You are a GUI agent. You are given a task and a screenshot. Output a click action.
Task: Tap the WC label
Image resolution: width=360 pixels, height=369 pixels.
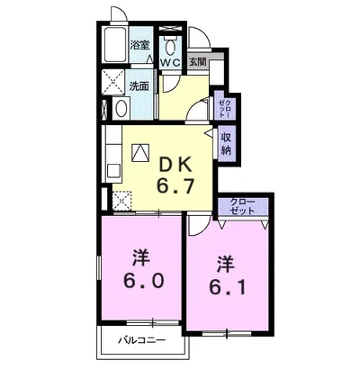click(x=170, y=63)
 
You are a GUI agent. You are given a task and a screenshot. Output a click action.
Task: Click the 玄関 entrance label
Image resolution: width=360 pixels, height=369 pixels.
click(x=197, y=62)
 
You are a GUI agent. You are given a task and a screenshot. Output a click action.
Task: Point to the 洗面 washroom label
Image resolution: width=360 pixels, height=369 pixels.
click(x=139, y=86)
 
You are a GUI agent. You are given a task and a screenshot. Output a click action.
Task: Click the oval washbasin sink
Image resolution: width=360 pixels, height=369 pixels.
click(x=121, y=108)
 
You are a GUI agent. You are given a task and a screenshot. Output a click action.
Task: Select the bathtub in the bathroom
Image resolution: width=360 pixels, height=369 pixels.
click(x=114, y=44)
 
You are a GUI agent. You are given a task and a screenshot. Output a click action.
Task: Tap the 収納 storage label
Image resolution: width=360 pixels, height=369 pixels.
click(x=226, y=144)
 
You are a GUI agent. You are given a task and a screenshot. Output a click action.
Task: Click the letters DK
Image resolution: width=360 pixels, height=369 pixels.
click(x=175, y=165)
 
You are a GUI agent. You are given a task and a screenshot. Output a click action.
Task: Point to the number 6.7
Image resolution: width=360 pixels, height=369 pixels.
click(x=175, y=186)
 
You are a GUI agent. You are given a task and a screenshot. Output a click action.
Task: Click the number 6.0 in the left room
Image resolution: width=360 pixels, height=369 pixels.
click(x=143, y=281)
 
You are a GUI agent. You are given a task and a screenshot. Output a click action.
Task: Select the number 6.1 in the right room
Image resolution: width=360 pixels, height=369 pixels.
click(x=228, y=287)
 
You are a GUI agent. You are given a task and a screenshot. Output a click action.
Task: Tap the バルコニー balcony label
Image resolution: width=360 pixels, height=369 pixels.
click(x=141, y=340)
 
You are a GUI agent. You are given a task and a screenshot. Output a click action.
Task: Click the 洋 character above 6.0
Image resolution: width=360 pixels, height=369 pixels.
click(x=141, y=258)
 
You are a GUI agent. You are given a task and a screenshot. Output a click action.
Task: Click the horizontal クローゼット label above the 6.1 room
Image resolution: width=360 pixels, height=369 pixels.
click(x=242, y=206)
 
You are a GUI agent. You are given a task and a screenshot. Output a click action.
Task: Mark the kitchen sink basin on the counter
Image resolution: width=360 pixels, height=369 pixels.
click(x=113, y=171)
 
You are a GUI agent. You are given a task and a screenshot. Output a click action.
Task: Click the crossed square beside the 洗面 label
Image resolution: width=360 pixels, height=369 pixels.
click(x=112, y=82)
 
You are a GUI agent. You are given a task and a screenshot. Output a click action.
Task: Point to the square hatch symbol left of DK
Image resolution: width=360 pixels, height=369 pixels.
click(x=140, y=153)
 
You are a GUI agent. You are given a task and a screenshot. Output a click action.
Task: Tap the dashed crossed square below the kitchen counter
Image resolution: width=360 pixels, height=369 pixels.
click(x=121, y=201)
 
